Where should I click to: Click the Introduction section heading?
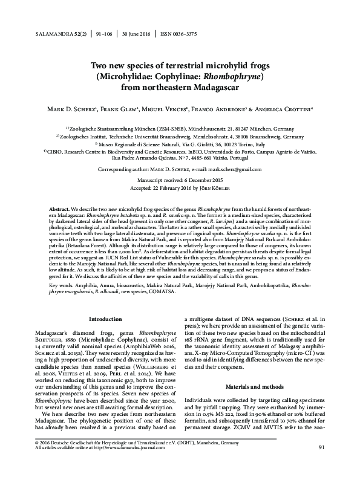pyautogui.click(x=106, y=319)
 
